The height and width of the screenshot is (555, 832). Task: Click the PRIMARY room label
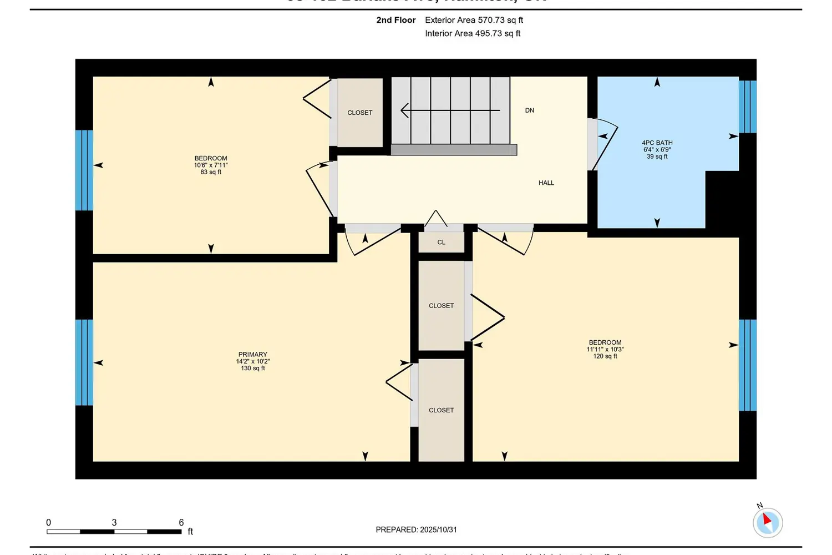252,354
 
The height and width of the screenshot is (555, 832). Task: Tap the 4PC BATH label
657,143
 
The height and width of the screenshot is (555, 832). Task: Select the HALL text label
546,183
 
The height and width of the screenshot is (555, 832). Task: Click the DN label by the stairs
529,110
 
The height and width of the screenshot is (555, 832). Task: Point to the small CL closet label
441,243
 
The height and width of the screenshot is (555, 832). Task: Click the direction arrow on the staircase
450,110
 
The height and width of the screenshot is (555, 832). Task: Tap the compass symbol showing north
767,522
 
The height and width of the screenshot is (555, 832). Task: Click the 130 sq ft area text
252,368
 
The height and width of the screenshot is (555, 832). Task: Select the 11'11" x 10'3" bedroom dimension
605,349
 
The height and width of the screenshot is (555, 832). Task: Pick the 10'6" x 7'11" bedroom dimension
210,165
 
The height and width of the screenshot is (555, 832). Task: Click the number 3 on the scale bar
114,522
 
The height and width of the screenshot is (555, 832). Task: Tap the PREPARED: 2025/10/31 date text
416,529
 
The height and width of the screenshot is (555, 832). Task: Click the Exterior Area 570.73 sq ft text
474,20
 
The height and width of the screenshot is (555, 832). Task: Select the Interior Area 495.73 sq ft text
473,33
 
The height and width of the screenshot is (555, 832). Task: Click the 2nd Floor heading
395,20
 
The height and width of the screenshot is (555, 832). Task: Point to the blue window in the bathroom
747,107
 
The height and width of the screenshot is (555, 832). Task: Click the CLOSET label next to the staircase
359,113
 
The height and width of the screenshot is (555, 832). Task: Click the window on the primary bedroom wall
84,362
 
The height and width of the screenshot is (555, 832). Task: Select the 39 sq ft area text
657,157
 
